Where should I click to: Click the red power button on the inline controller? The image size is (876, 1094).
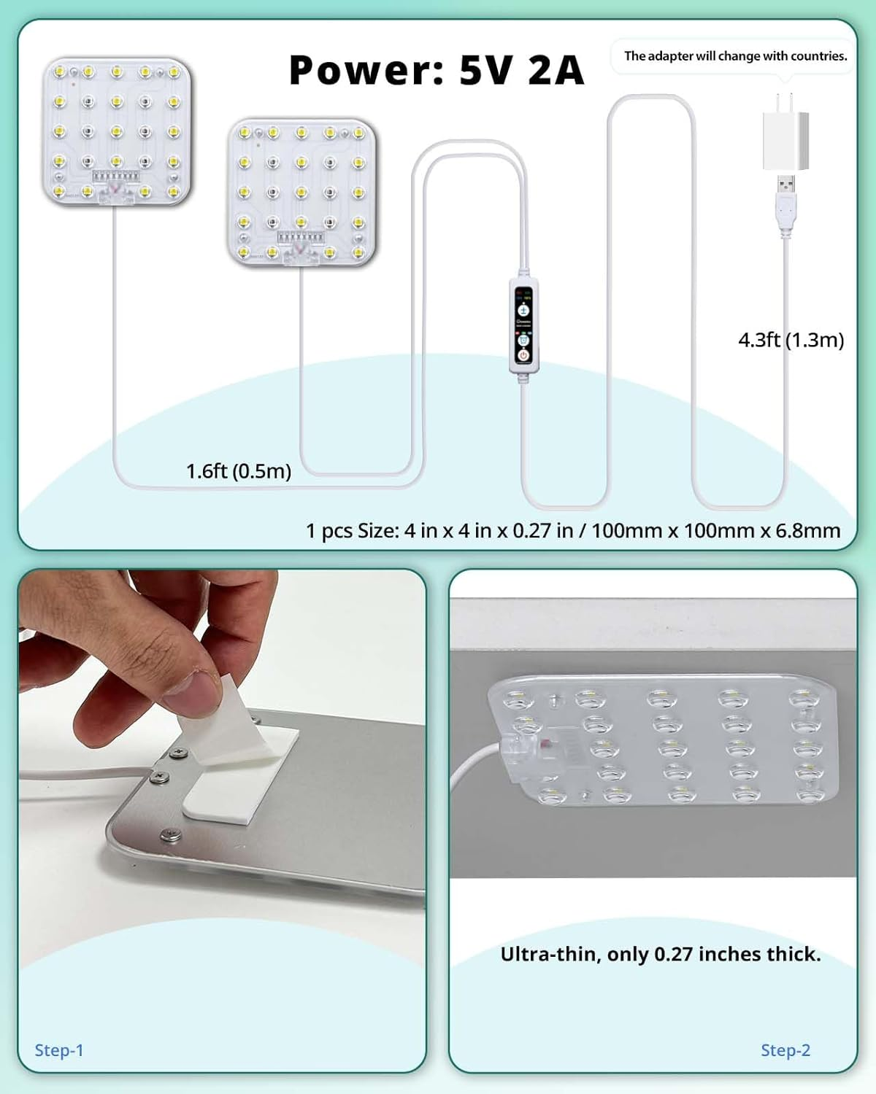click(523, 355)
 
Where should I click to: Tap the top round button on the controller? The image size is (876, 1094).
click(523, 309)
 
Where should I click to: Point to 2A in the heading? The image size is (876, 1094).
click(556, 70)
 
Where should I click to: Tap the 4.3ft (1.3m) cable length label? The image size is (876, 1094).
click(791, 340)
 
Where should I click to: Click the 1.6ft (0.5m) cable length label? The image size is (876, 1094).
click(239, 471)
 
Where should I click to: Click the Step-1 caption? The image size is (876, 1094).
click(59, 1050)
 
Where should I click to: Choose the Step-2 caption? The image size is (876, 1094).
click(785, 1050)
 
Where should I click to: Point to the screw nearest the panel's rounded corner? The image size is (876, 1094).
click(171, 835)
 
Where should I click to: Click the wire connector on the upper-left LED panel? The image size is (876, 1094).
click(116, 194)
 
